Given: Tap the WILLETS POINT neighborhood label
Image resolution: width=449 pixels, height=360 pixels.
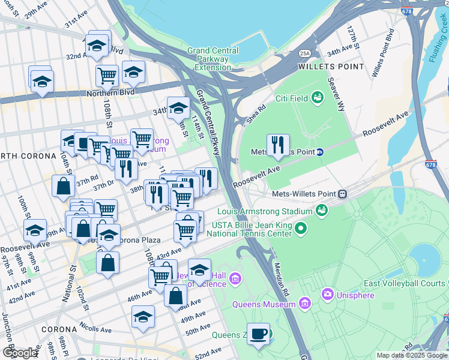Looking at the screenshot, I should pos(330,67).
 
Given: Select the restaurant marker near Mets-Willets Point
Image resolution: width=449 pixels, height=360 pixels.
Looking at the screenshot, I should pos(278,145).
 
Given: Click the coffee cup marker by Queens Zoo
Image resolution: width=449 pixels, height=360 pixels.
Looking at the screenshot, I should pos(258,334).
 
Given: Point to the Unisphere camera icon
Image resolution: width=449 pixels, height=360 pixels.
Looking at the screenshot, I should pos(328,294).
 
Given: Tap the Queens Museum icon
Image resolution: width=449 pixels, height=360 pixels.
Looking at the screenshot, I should pos(305,304).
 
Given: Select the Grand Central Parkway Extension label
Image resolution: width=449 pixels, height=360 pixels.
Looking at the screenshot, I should pos(208,59).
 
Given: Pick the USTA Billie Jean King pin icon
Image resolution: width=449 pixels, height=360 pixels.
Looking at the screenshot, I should pos(301,228).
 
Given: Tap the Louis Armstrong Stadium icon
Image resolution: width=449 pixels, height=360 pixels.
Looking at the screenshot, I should pos(322,211).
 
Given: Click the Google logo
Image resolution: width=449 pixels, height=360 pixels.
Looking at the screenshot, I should pos(19,352).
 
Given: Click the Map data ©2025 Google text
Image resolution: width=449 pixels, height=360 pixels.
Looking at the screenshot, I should pos(412,355).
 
